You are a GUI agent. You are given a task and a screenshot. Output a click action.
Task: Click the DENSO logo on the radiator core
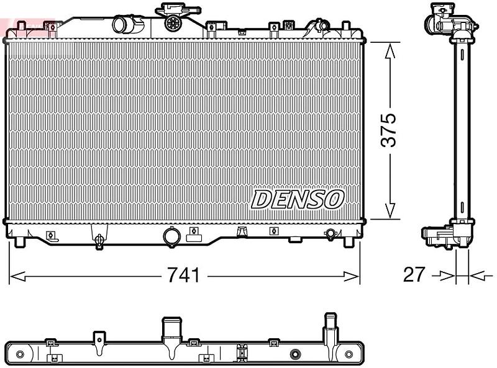pyautogui.click(x=298, y=200)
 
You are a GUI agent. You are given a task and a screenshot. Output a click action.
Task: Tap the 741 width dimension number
pyautogui.click(x=184, y=275)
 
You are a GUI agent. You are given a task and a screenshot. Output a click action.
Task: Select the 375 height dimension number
pyautogui.click(x=389, y=130)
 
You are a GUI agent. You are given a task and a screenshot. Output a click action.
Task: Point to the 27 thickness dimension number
pyautogui.click(x=414, y=274)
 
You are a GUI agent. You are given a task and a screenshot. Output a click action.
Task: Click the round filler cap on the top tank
pyautogui.click(x=173, y=22)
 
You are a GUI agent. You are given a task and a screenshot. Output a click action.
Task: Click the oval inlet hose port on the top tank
pyautogui.click(x=120, y=24)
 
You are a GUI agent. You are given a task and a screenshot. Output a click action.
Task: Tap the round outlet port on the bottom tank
pyautogui.click(x=172, y=236)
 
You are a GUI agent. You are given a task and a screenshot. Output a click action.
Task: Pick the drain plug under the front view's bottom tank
pyautogui.click(x=99, y=241)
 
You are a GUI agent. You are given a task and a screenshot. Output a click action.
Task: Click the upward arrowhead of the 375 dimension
pyautogui.click(x=390, y=52)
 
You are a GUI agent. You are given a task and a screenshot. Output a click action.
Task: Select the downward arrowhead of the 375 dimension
pyautogui.click(x=390, y=210)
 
